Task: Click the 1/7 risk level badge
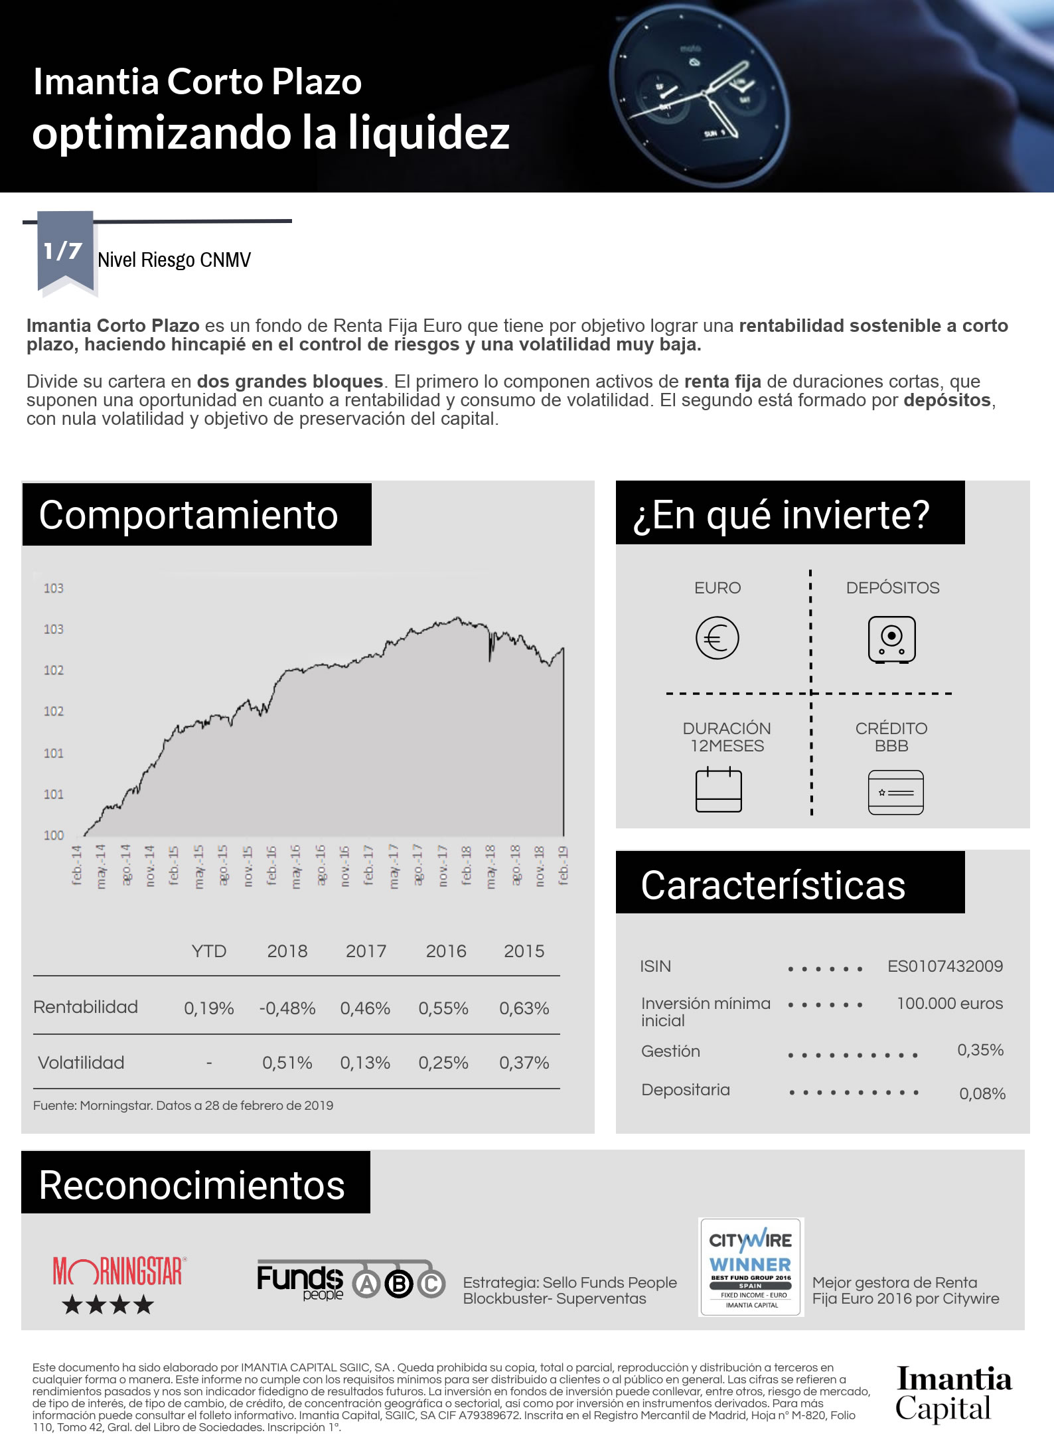pos(64,252)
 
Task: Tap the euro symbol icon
pos(717,638)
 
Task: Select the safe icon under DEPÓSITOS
pos(891,639)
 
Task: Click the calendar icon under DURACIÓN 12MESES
pos(718,790)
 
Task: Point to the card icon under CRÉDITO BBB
pos(895,792)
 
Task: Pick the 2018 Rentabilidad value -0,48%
pos(287,1008)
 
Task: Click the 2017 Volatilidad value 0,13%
pos(365,1063)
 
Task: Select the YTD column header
pos(209,951)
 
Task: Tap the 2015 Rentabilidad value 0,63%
pos(524,1008)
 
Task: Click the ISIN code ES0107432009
pos(944,966)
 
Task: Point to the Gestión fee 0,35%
pos(980,1049)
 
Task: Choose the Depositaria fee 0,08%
pos(982,1093)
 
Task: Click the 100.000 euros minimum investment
pos(949,1003)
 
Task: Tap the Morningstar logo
pos(118,1271)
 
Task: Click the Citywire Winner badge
pos(751,1266)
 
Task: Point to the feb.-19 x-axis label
pos(563,865)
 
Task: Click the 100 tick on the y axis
pos(54,835)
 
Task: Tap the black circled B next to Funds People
pos(400,1285)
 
